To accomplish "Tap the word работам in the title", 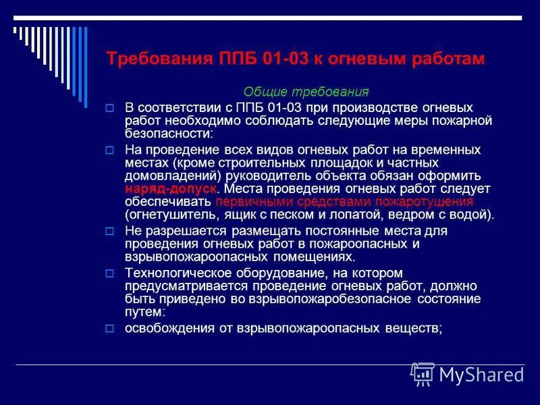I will pos(446,59).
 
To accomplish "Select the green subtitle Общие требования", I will pos(306,92).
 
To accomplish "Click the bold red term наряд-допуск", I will pos(171,189).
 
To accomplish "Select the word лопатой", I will pos(348,215).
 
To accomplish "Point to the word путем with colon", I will pos(144,312).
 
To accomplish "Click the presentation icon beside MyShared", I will pos(423,373).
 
